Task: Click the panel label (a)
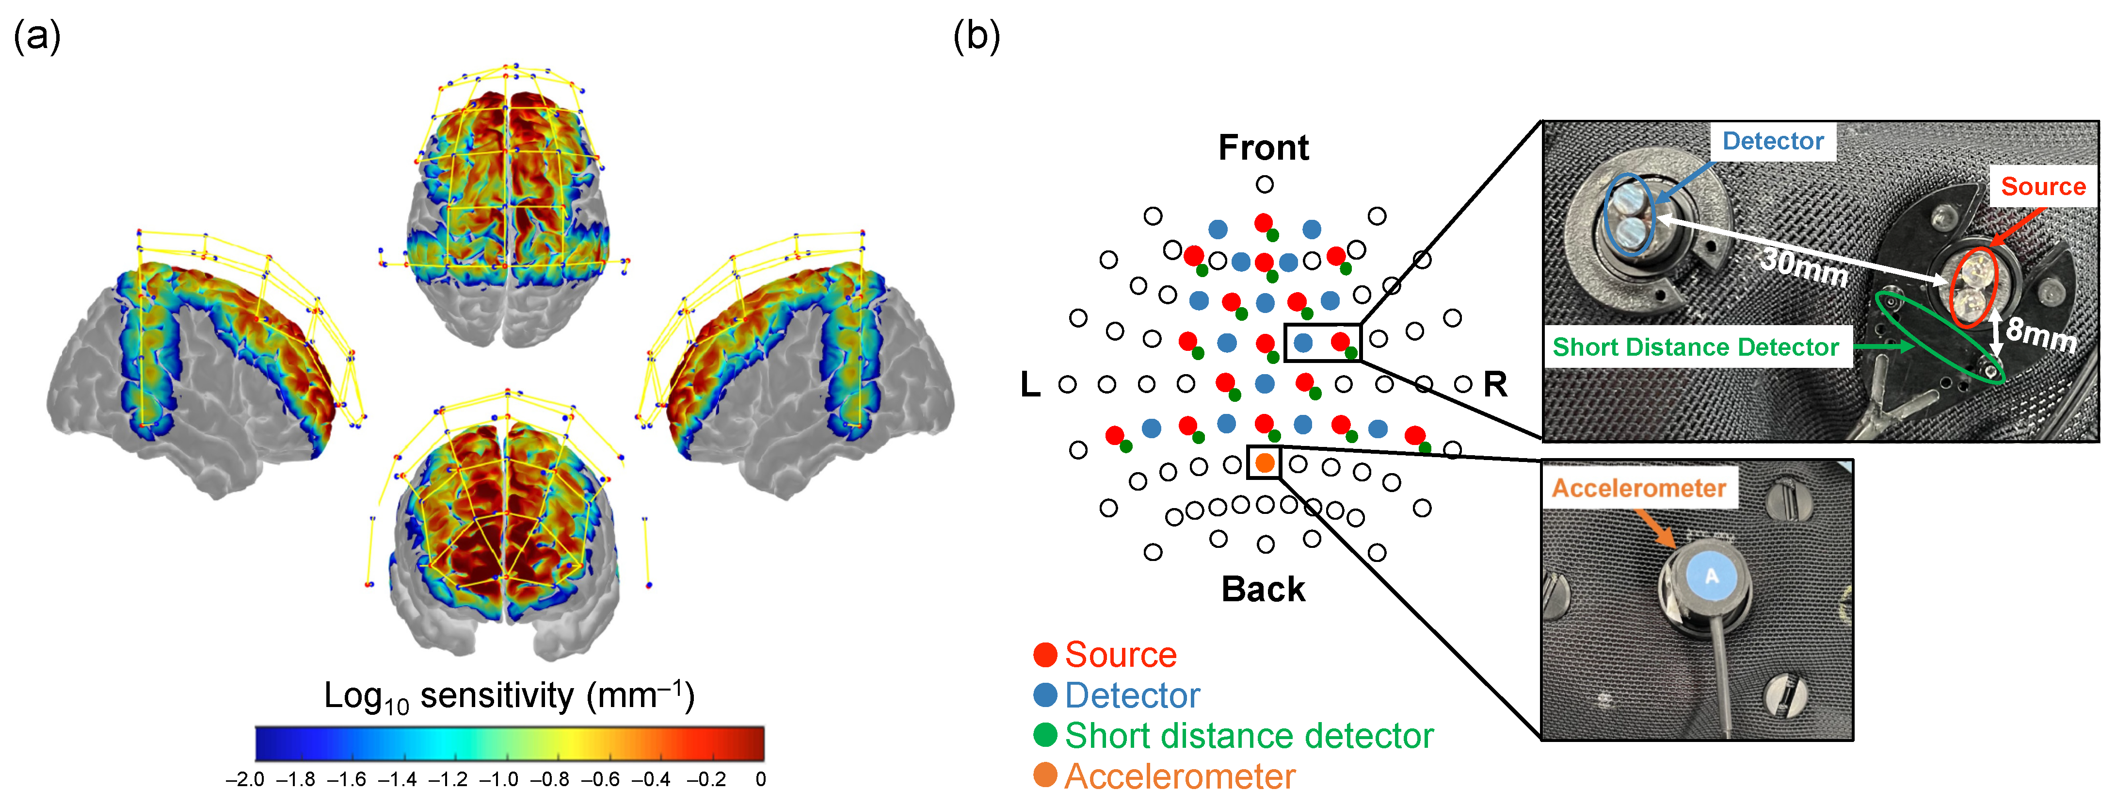tap(37, 37)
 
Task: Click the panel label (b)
tap(976, 37)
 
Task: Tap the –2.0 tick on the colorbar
tap(245, 779)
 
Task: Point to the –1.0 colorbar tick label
tap(498, 779)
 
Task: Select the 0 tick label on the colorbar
tap(761, 779)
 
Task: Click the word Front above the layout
tap(1264, 148)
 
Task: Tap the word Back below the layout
tap(1264, 589)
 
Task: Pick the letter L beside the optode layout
tap(1030, 385)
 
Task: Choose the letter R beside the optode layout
tap(1495, 385)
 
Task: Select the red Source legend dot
tap(1045, 655)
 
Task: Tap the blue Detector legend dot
tap(1045, 695)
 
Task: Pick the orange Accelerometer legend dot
tap(1045, 775)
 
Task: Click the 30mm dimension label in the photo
tap(1804, 266)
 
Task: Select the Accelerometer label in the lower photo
tap(1639, 488)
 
